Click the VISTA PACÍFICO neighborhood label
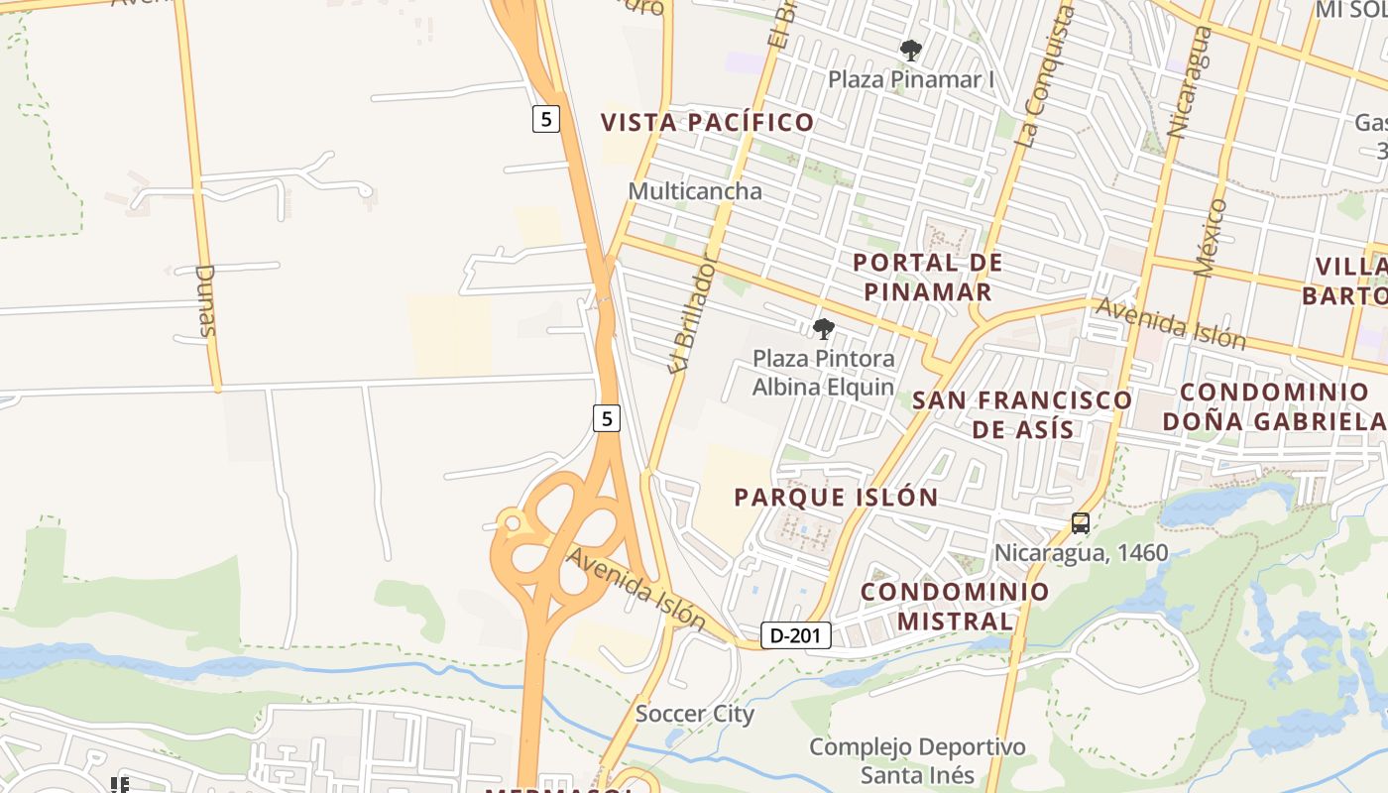tap(708, 123)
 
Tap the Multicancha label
tap(695, 191)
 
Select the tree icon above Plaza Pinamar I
tap(910, 50)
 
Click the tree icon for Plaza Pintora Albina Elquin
tap(823, 329)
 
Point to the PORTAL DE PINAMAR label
tap(928, 278)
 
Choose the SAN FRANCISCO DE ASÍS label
tap(1022, 414)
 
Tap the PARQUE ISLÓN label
tap(836, 498)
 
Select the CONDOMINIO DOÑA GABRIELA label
tap(1274, 406)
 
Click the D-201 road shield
tap(796, 635)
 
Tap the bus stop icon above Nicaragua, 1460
tap(1081, 523)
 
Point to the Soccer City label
tap(695, 714)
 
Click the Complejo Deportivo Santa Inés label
tap(917, 760)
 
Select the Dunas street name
tap(206, 299)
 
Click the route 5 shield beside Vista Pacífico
tap(545, 119)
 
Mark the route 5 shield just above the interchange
tap(607, 418)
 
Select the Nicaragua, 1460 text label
tap(1082, 553)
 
